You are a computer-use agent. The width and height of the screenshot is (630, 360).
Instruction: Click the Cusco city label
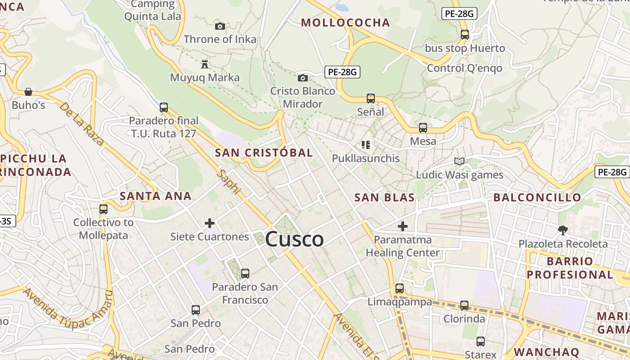click(294, 239)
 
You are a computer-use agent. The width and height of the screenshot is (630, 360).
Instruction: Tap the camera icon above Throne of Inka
click(220, 26)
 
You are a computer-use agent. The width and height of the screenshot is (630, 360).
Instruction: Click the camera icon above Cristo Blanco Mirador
click(303, 78)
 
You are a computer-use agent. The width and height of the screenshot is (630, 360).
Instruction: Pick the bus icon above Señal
click(371, 98)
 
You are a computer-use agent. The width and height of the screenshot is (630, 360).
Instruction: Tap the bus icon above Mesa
click(423, 128)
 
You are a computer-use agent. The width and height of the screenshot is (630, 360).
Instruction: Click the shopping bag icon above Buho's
click(28, 92)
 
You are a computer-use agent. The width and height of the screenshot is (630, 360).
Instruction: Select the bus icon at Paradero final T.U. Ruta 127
click(164, 108)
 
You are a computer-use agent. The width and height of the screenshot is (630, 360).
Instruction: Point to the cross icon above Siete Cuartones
click(210, 223)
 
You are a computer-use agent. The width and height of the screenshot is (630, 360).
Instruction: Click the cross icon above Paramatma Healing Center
click(403, 226)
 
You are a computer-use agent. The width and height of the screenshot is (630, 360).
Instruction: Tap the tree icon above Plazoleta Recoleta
click(562, 230)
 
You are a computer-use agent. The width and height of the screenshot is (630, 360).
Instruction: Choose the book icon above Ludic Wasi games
click(459, 161)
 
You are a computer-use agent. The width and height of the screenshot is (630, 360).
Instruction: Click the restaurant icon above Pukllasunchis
click(366, 145)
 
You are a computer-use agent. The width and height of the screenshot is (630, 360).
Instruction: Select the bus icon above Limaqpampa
click(400, 288)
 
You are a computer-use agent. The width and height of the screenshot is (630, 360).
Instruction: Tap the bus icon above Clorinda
click(464, 306)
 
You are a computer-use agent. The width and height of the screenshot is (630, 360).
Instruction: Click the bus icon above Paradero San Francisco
click(245, 273)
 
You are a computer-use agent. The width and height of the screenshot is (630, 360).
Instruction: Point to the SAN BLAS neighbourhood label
click(384, 198)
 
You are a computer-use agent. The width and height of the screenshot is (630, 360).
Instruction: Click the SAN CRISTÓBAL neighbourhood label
click(264, 153)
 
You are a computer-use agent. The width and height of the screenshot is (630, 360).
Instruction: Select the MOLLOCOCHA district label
click(345, 23)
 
